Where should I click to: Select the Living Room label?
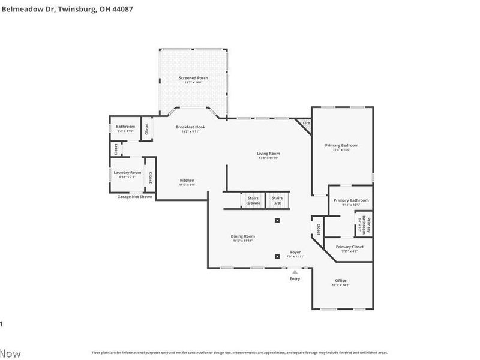269,154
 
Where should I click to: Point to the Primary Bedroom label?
341,146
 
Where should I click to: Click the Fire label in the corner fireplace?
306,123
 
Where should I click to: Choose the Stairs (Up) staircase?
277,200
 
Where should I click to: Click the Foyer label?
295,252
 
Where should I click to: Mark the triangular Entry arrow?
295,272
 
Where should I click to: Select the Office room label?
341,281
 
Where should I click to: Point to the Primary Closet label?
349,247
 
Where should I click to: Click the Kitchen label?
187,181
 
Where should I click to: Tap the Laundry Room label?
127,173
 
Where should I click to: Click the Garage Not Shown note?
135,197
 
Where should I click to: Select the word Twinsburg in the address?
75,9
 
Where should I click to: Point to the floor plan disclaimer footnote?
239,353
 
